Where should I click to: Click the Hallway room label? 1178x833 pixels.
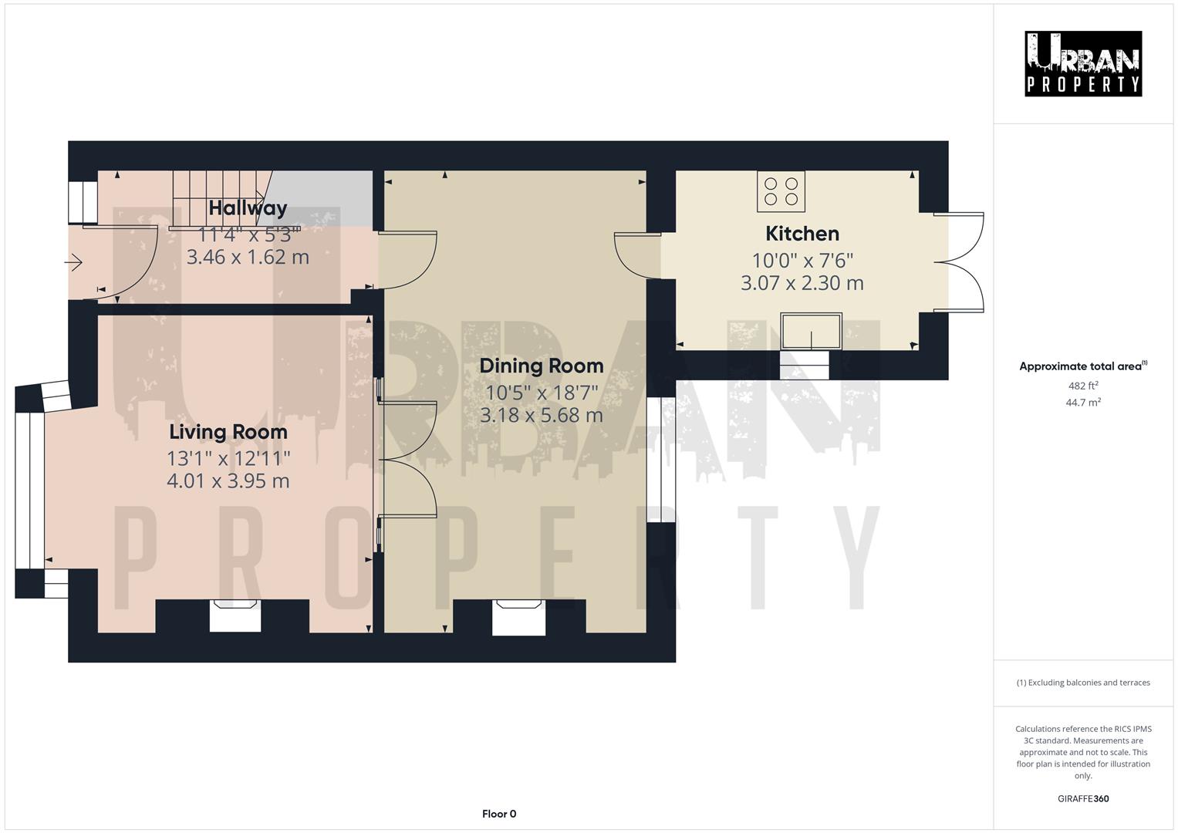tap(248, 208)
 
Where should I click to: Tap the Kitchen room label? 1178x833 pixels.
tap(802, 234)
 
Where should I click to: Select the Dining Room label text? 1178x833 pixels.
tap(541, 366)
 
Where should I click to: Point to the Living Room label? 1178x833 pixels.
tap(228, 432)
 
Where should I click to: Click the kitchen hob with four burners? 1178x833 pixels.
tap(781, 191)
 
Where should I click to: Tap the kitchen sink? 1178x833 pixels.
tap(811, 331)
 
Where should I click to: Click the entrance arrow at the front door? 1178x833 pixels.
tap(74, 264)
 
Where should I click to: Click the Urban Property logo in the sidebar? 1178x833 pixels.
tap(1082, 64)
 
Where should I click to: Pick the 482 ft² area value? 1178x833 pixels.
tap(1082, 386)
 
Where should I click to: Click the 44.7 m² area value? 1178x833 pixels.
tap(1082, 403)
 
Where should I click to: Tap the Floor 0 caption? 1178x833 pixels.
tap(499, 814)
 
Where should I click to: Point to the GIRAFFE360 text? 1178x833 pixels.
tap(1082, 799)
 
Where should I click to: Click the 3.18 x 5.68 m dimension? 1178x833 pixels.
tap(541, 416)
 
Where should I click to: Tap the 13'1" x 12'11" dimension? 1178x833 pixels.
tap(228, 459)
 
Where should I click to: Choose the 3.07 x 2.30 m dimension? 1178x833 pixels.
tap(802, 283)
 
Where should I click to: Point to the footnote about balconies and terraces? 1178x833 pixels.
tap(1082, 683)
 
